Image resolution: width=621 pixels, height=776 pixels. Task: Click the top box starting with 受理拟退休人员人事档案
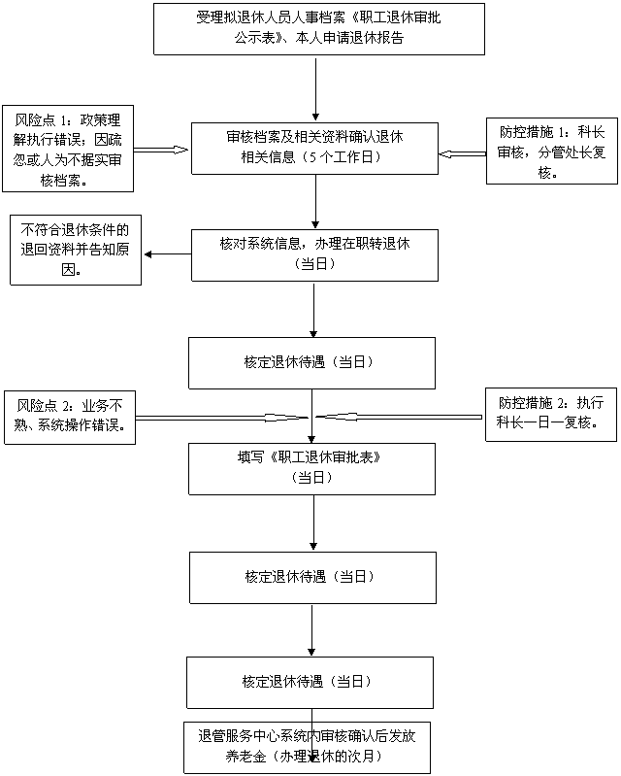[x=319, y=28]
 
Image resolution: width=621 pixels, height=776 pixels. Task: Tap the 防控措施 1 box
[x=550, y=151]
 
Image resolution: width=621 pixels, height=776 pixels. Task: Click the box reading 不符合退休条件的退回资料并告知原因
[x=75, y=250]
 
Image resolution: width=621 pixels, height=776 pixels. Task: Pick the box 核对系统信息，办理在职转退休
[x=314, y=254]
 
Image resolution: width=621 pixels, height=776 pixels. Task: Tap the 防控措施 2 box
[x=551, y=414]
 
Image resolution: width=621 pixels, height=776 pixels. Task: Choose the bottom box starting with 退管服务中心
[x=309, y=746]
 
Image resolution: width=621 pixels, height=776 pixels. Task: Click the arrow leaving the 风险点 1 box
[x=159, y=150]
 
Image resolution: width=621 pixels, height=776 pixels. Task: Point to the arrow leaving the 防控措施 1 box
[x=463, y=153]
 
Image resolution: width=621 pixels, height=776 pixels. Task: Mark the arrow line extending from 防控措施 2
[x=408, y=417]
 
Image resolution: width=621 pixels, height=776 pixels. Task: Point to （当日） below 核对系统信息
[x=314, y=264]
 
